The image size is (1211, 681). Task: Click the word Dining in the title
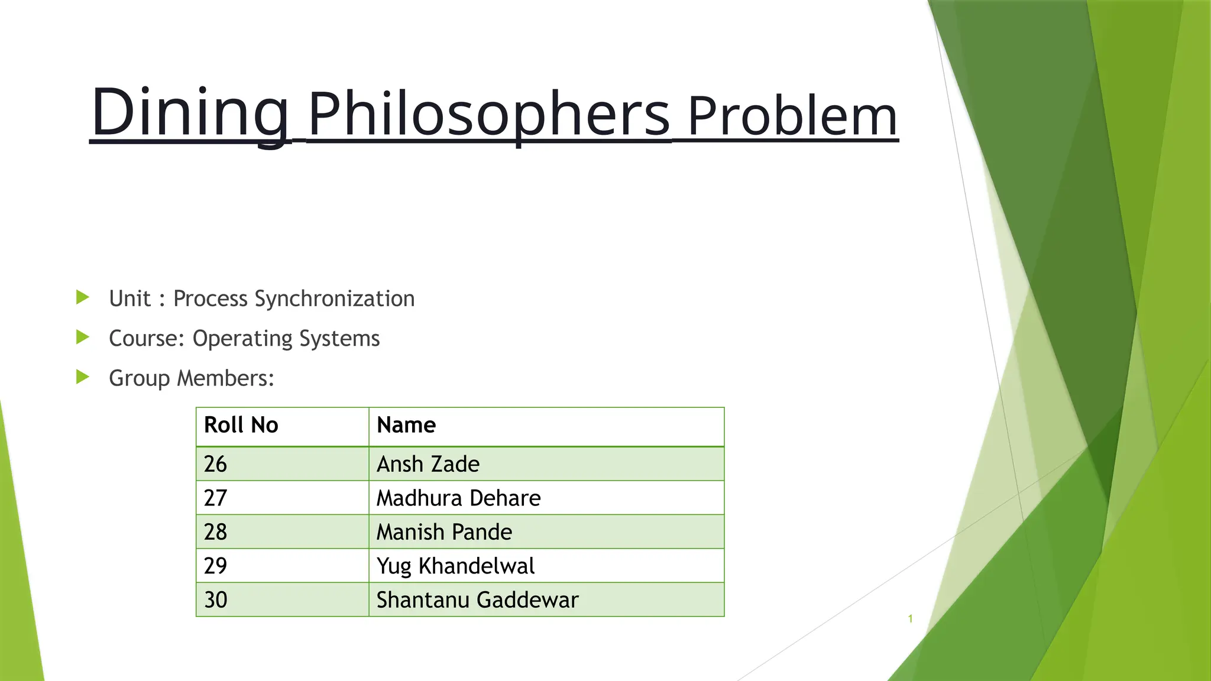[x=190, y=112]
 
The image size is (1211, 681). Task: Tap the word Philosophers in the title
[x=489, y=115]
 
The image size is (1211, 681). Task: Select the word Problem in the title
[x=792, y=116]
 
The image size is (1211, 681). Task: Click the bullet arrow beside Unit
[x=83, y=297]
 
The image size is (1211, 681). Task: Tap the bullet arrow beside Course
[x=83, y=338]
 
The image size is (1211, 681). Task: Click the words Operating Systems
[x=286, y=339]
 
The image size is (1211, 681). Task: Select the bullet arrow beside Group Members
[x=83, y=377]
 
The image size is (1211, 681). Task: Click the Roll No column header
[x=241, y=426]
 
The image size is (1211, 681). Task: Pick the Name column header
[x=406, y=426]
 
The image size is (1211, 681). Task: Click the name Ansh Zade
[x=428, y=464]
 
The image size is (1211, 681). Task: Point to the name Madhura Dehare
[x=458, y=498]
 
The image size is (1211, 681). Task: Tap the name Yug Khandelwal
[x=455, y=566]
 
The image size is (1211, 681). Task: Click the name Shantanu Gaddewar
[x=477, y=599]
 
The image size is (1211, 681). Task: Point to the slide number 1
[x=910, y=619]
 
